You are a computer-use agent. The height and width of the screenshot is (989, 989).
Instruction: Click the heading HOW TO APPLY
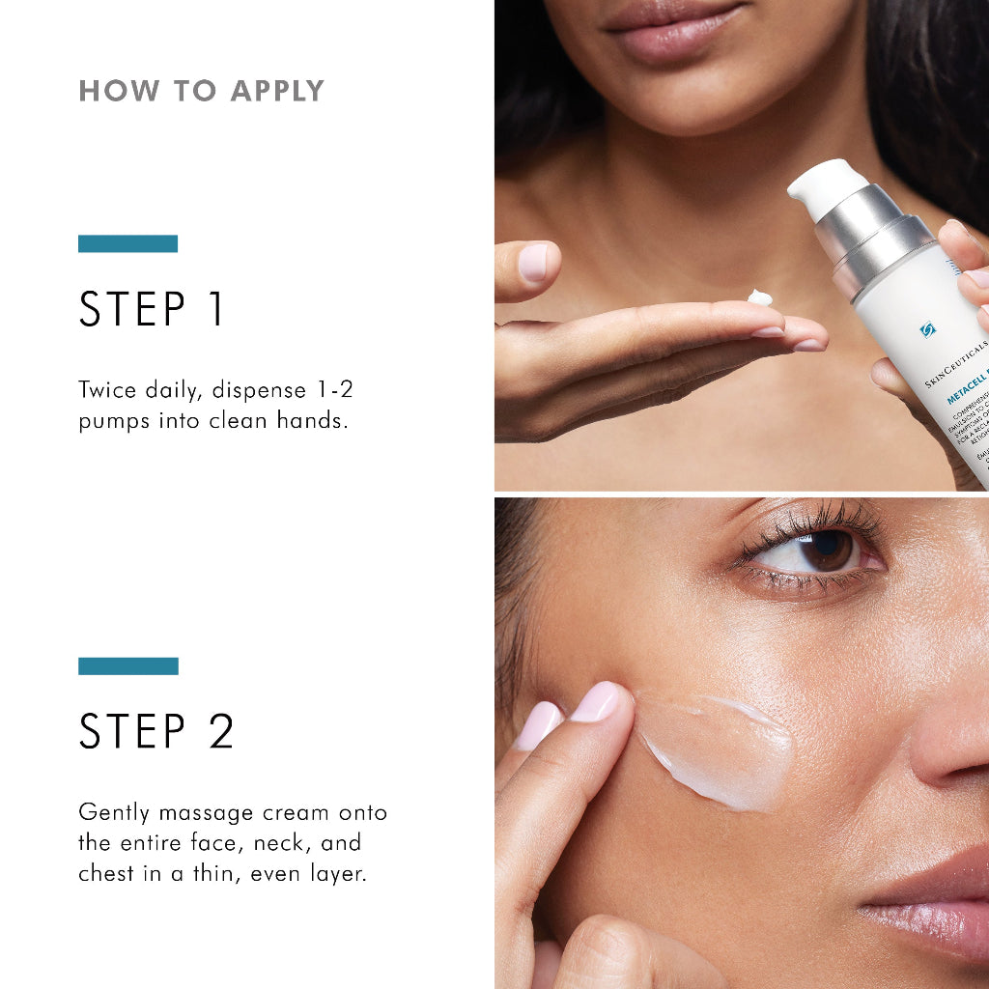point(201,91)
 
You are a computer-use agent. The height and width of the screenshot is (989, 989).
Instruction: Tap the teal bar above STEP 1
point(127,243)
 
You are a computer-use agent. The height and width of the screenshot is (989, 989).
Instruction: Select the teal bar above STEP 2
point(127,666)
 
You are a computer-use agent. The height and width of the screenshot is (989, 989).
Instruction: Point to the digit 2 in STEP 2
point(221,731)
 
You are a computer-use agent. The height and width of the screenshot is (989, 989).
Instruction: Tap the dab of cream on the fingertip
point(760,298)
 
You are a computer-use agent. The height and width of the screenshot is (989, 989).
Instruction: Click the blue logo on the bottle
point(928,329)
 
